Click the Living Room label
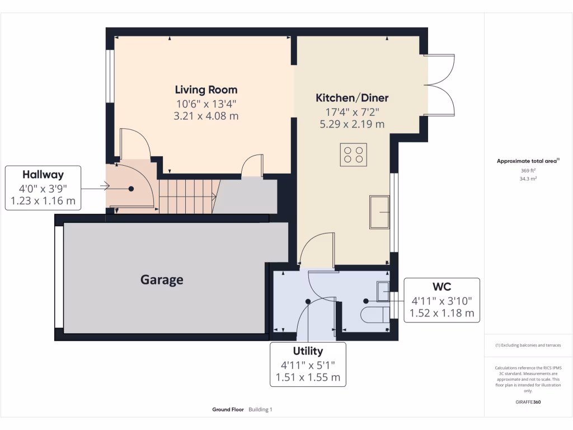click(x=206, y=90)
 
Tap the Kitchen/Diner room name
click(x=352, y=97)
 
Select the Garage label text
click(x=162, y=279)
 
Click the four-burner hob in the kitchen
click(x=354, y=155)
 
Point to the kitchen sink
click(x=379, y=212)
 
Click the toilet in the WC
click(x=374, y=315)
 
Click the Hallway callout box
click(x=43, y=188)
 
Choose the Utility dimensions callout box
click(x=308, y=364)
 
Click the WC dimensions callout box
click(x=442, y=300)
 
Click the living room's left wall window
click(x=110, y=76)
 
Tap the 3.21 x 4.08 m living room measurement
click(x=206, y=116)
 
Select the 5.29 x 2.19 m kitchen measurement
click(x=352, y=124)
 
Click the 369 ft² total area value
click(x=528, y=170)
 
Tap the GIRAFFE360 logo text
click(x=528, y=402)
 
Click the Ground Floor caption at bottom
click(x=228, y=410)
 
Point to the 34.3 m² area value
click(x=528, y=179)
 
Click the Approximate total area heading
click(x=528, y=161)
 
